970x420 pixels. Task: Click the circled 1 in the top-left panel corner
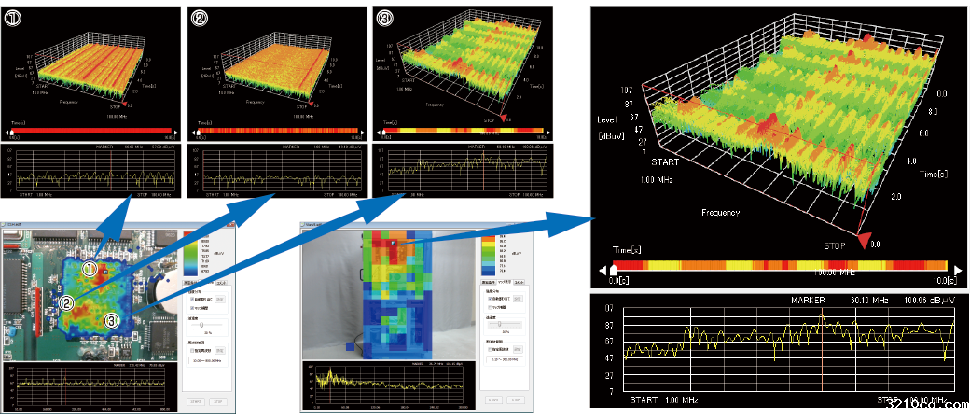pyautogui.click(x=12, y=16)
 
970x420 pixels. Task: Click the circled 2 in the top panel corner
pyautogui.click(x=198, y=16)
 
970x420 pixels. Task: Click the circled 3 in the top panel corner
pyautogui.click(x=382, y=16)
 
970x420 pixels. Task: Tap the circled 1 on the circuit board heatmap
pyautogui.click(x=90, y=269)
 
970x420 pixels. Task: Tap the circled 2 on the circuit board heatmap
pyautogui.click(x=67, y=302)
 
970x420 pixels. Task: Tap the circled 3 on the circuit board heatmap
pyautogui.click(x=111, y=320)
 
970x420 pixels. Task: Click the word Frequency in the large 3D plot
pyautogui.click(x=721, y=213)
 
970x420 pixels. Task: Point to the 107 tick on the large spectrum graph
pyautogui.click(x=606, y=307)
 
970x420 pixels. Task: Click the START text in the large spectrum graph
pyautogui.click(x=644, y=399)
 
